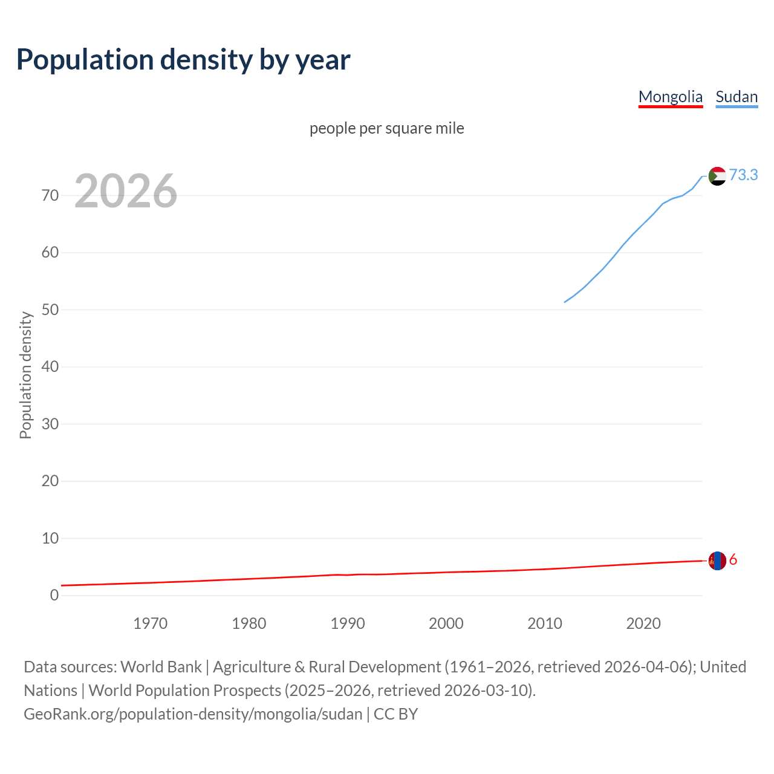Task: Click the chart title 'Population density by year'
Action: coord(183,60)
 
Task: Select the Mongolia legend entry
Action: coord(670,97)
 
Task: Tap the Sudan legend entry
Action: coord(736,97)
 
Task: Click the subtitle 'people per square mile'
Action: coord(387,129)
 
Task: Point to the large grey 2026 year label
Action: coord(126,191)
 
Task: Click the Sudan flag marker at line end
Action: coord(717,176)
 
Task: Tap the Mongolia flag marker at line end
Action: coord(717,561)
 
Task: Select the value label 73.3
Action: coord(743,175)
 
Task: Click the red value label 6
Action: coord(733,560)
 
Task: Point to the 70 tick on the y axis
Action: coord(50,195)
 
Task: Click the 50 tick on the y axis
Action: coord(50,310)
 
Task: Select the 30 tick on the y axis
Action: coord(50,424)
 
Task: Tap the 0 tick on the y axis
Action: coord(54,595)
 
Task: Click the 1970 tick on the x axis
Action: coord(151,623)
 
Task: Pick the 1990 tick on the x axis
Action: coord(348,623)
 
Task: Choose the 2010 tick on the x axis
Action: coord(545,623)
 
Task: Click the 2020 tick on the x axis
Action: coord(643,623)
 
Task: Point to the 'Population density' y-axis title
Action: coord(25,375)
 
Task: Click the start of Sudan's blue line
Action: coord(565,302)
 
